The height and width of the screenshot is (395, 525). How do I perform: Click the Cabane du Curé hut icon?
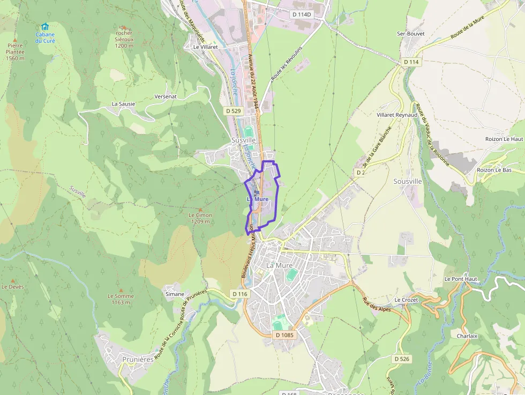(x=45, y=27)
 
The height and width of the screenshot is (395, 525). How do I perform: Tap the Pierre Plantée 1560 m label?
(x=16, y=52)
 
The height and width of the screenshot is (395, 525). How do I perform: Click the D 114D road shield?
(x=302, y=14)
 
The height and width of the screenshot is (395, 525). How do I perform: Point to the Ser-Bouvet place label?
(x=410, y=33)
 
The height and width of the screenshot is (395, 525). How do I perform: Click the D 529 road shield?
(x=234, y=110)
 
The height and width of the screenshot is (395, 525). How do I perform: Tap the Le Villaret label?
(x=205, y=47)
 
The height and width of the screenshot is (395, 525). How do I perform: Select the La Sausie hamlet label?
(x=123, y=103)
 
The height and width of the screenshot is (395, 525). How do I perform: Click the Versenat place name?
(x=166, y=96)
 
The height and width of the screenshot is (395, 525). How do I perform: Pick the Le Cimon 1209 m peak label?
(x=200, y=218)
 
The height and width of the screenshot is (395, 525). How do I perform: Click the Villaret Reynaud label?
(x=397, y=115)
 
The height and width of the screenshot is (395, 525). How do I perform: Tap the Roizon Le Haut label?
(x=504, y=139)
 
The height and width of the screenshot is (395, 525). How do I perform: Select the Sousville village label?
(x=408, y=181)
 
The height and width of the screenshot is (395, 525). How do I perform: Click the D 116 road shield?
(x=240, y=294)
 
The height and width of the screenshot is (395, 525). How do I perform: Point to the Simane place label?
(x=175, y=294)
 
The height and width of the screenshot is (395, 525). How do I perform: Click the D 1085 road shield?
(x=284, y=335)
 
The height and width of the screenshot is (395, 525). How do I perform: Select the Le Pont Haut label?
(x=460, y=279)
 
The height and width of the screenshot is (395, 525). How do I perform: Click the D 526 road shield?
(x=401, y=358)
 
